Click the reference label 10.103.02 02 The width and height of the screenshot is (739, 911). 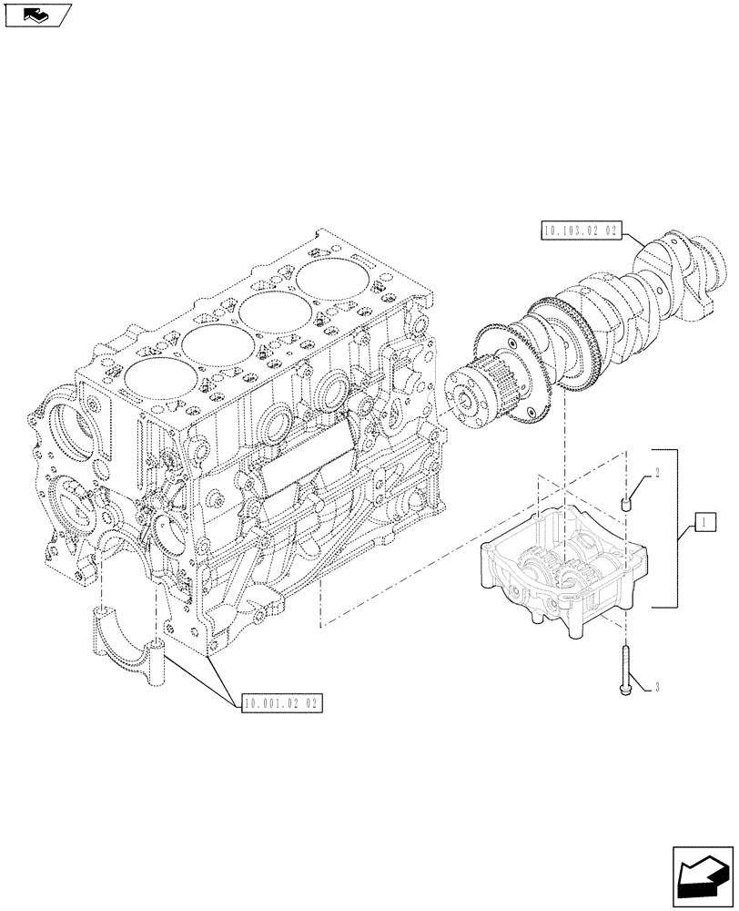[x=579, y=232]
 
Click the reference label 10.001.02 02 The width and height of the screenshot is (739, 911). [x=283, y=703]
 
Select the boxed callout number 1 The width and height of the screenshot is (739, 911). [x=703, y=522]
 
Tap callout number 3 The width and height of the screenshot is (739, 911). [x=654, y=688]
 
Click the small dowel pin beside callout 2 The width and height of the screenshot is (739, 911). [x=627, y=502]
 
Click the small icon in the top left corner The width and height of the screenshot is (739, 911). [x=38, y=14]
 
